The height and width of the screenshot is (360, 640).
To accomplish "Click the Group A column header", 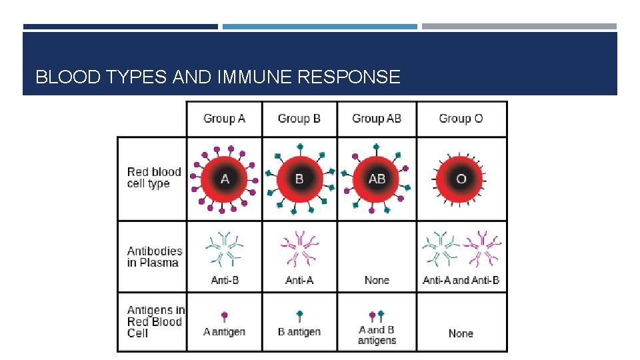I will coord(224,119).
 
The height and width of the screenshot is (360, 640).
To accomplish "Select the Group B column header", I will coord(299,119).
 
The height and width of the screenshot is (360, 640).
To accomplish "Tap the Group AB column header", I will coord(377,119).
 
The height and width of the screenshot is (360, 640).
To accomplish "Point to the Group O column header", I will coord(461,119).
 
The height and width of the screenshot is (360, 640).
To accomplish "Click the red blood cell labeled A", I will coord(225,179).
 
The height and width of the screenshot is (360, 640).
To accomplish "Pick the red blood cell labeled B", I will coord(299,179).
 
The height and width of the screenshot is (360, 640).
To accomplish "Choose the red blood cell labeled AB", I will coord(377,179).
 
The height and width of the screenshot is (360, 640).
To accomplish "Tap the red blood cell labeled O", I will coord(461,179).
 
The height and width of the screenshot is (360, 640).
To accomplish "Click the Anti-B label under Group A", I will coord(225,280).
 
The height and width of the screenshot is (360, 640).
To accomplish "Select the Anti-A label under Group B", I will coord(299,280).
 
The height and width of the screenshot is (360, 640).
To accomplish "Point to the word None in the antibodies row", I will coord(377,280).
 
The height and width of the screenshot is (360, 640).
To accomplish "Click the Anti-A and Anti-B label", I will coord(461,280).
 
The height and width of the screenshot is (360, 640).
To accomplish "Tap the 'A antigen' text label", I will coord(225,331).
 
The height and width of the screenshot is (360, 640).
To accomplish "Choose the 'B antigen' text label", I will coord(299,331).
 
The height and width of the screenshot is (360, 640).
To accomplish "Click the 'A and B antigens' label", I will coord(377,335).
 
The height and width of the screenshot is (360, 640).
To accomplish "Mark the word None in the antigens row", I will coord(461,333).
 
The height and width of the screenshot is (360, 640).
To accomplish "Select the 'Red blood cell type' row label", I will coord(153,178).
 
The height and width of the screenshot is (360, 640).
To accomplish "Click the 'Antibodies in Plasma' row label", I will coord(154,257).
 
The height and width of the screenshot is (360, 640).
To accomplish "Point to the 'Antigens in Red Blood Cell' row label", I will coord(155,321).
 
